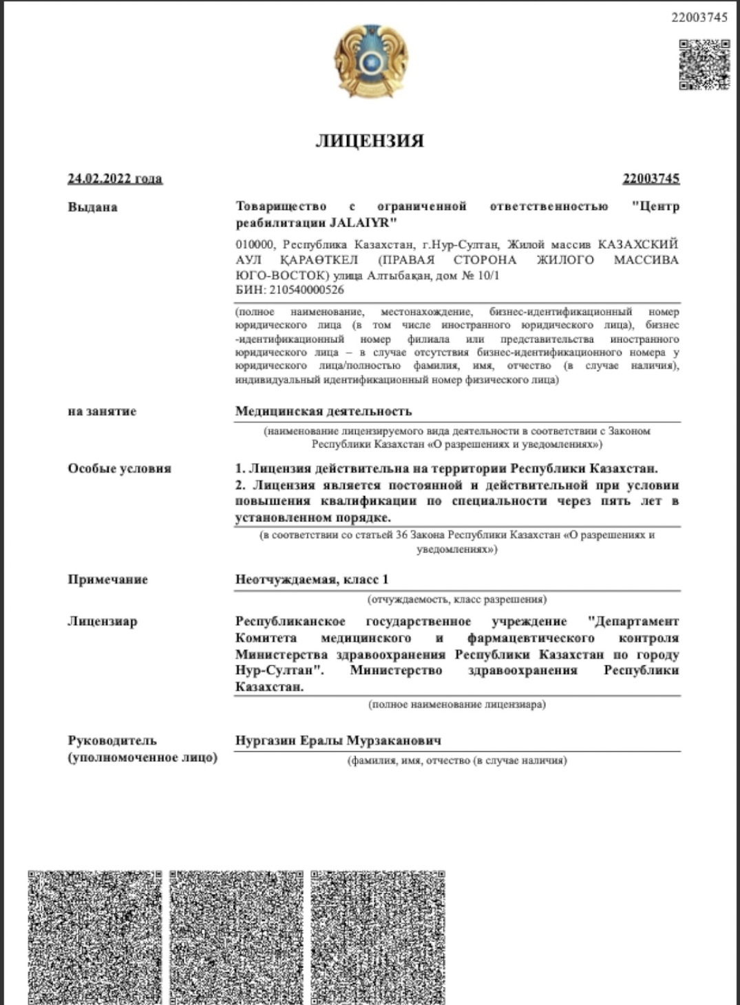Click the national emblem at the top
pos(370,61)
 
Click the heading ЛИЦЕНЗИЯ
pos(370,141)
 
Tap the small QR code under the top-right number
pos(704,65)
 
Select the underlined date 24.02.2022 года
pos(115,178)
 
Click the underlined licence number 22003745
pos(651,178)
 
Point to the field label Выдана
pos(93,207)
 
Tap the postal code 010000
pos(255,245)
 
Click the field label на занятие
pos(102,411)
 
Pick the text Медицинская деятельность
pos(324,411)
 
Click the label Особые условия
pos(119,468)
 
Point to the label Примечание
pos(108,579)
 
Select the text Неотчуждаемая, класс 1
pos(312,579)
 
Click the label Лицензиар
pos(103,621)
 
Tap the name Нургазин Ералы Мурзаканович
pos(338,740)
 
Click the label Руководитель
pos(112,740)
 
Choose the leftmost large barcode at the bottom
pos(95,937)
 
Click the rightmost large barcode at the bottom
pos(378,937)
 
